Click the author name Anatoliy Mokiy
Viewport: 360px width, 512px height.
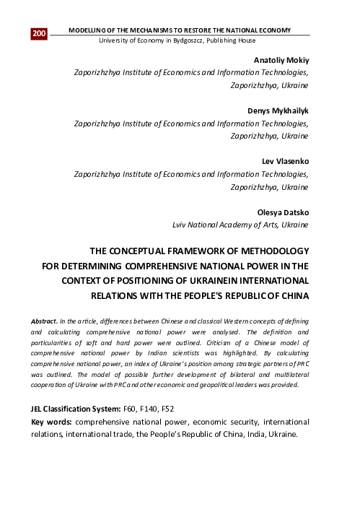click(x=282, y=60)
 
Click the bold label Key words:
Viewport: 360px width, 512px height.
click(x=51, y=421)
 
